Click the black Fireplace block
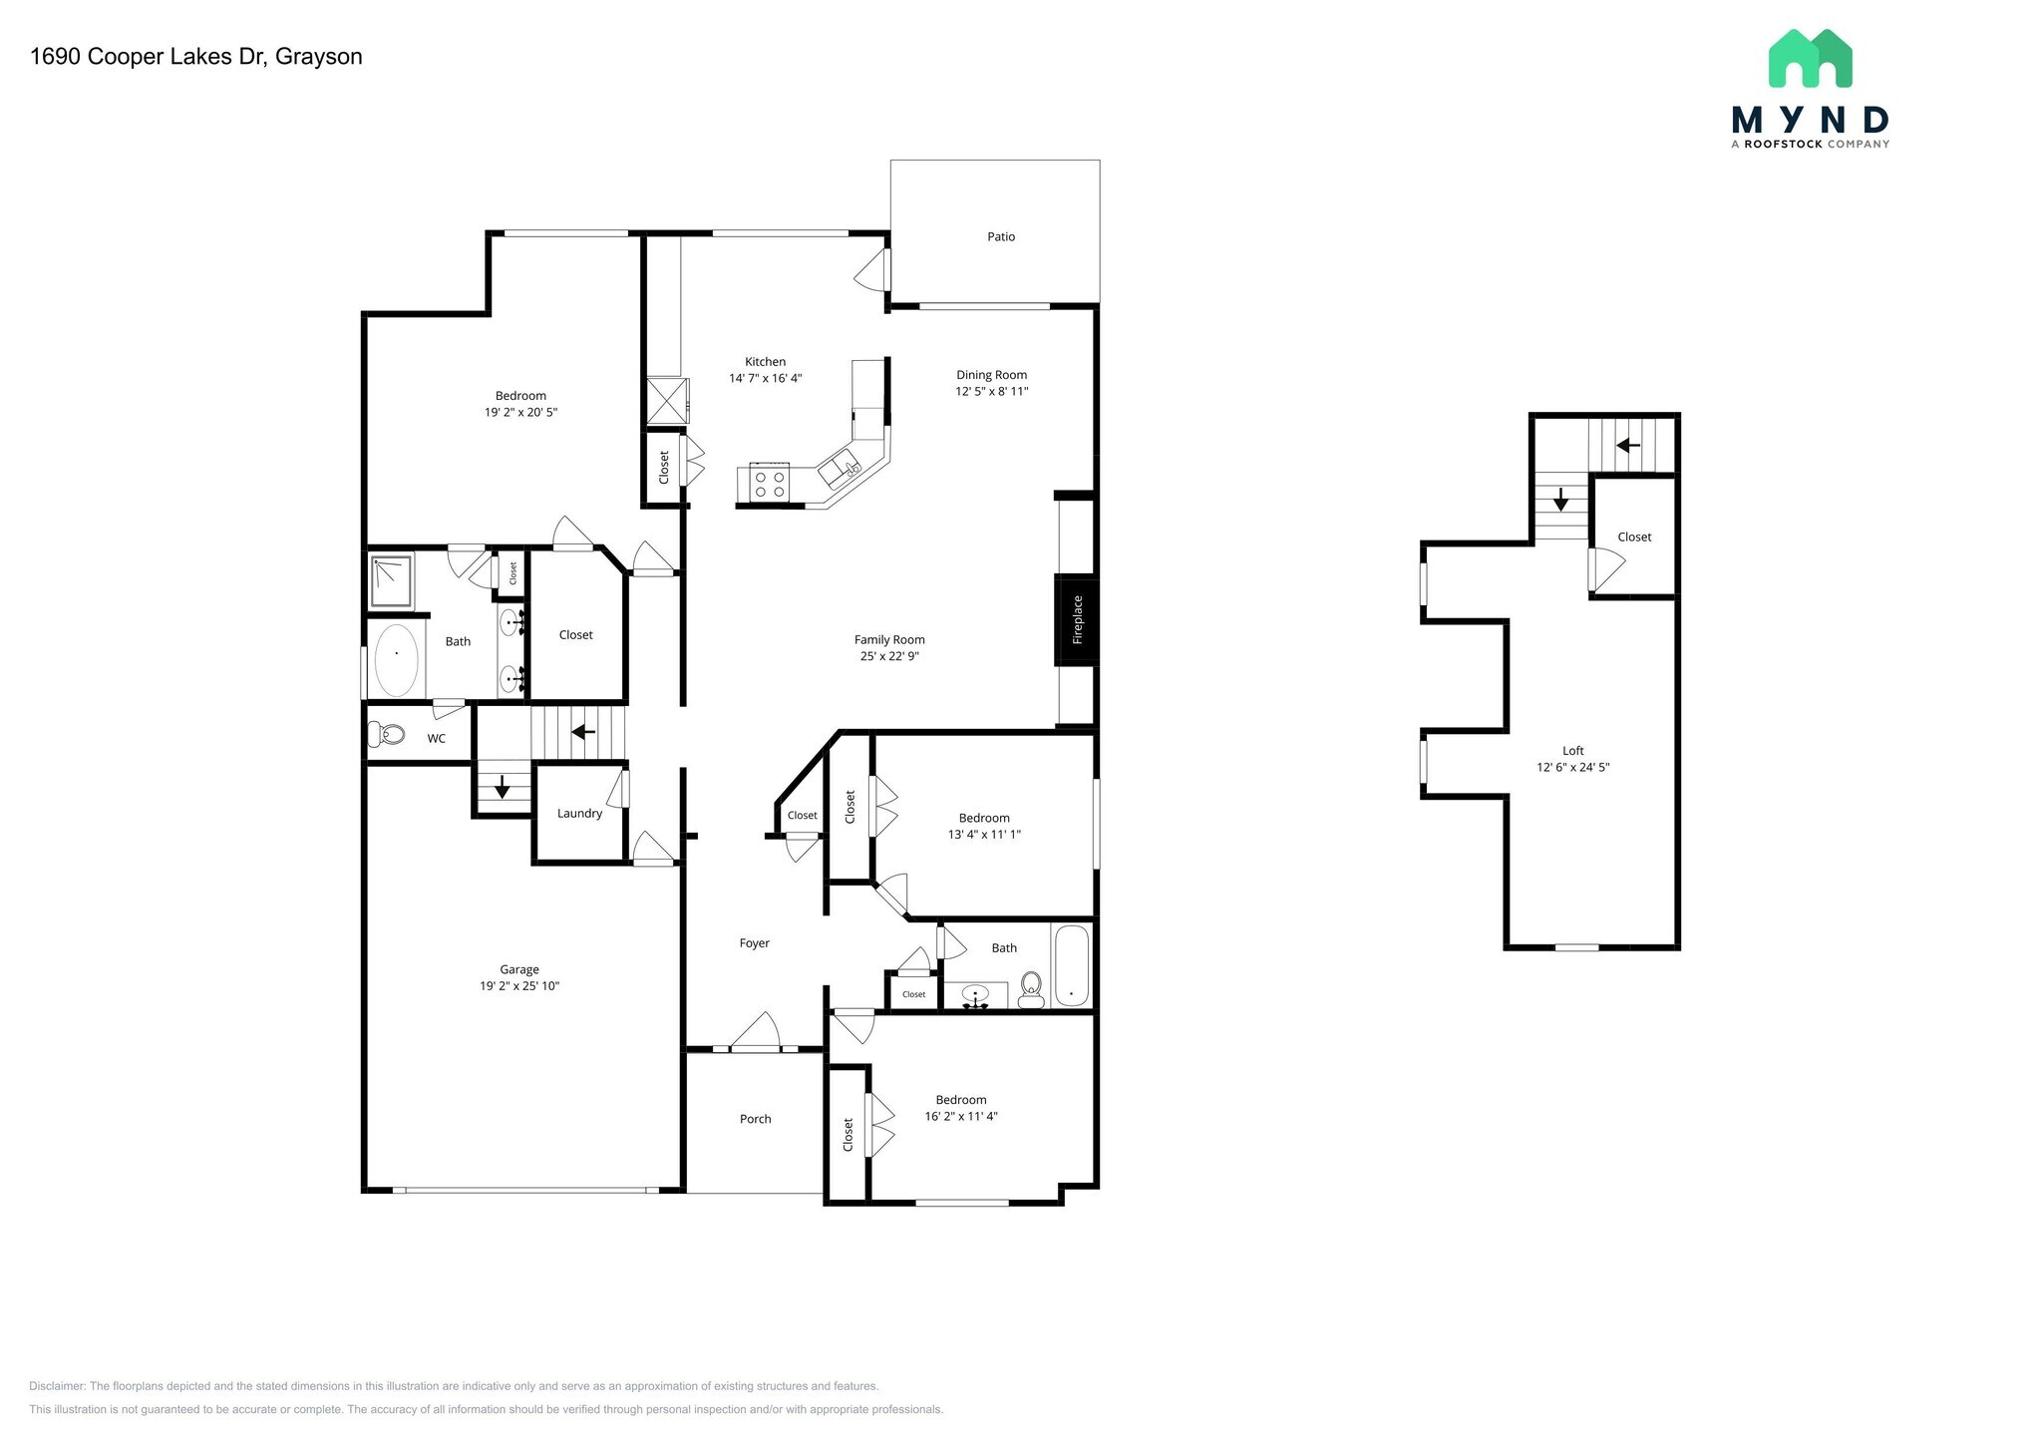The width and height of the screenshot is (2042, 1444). pos(1077,620)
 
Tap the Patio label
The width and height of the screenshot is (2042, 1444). pos(1001,237)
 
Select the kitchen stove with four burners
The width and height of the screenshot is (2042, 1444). pos(769,485)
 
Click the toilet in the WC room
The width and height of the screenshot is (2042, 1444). pos(387,735)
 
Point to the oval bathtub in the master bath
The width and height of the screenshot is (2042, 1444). pos(396,660)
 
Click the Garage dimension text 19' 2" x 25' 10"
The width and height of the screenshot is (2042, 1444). pos(518,986)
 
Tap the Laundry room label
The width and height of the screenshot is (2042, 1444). pos(579,814)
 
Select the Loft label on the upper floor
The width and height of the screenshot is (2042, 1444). pos(1572,751)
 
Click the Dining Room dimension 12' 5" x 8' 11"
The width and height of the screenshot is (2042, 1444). pos(991,392)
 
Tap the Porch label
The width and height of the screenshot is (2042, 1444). pos(755,1119)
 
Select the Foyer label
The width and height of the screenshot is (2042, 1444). pos(754,943)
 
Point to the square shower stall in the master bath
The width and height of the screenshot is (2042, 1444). pos(391,582)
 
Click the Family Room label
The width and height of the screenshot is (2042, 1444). pos(889,640)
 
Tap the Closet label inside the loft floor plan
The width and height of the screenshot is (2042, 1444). pos(1634,538)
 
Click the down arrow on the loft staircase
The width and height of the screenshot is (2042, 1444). pos(1560,500)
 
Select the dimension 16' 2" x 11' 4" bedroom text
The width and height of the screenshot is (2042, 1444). pos(961,1117)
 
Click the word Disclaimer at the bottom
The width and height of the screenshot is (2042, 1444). pos(58,1386)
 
